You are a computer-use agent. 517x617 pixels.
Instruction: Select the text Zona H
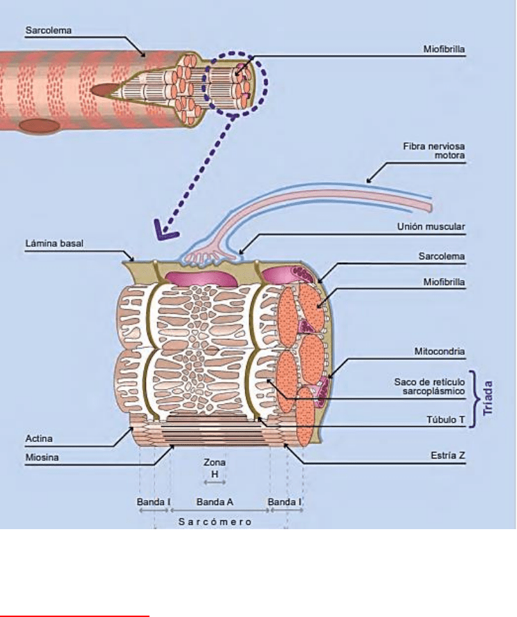coord(215,468)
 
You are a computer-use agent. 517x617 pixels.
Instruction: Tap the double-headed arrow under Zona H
coord(215,483)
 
